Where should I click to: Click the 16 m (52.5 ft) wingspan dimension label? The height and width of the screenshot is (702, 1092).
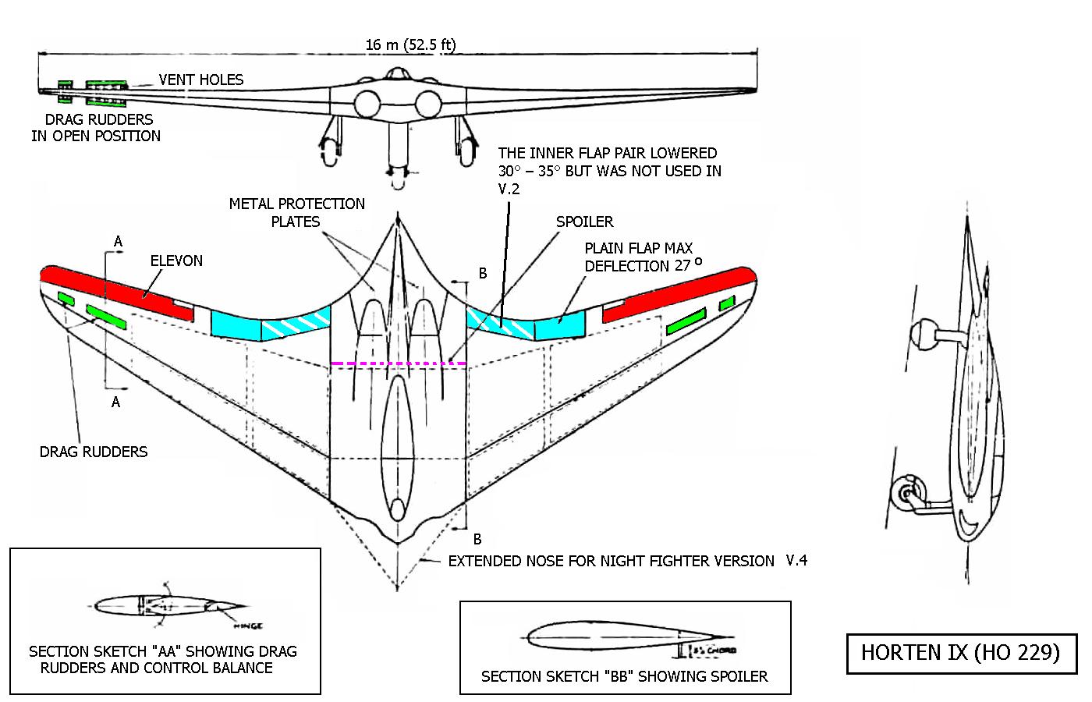410,44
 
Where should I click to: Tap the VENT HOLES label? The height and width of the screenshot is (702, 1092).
201,80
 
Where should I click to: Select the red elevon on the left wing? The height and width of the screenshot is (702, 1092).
117,292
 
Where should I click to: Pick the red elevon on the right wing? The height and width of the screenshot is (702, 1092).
679,292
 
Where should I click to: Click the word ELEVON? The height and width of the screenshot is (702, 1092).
176,261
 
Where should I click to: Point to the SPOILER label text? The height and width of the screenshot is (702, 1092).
584,222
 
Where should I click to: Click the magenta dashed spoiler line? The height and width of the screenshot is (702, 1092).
398,363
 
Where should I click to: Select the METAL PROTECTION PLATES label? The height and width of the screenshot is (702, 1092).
296,212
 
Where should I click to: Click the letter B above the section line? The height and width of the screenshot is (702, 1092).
483,273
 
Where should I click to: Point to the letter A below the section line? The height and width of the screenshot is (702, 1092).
116,402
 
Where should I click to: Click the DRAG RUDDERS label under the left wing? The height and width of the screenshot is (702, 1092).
94,452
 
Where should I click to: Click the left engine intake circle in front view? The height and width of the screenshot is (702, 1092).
367,104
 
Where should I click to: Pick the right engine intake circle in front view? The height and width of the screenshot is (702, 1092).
428,104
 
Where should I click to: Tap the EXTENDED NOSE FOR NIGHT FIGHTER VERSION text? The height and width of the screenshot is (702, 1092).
611,561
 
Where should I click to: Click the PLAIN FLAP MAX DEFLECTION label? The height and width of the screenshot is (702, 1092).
639,257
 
